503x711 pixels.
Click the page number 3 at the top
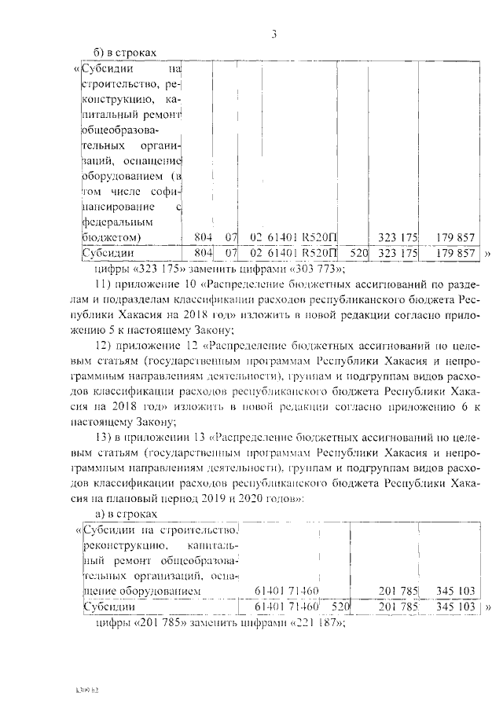click(x=274, y=33)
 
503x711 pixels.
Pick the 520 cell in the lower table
click(x=339, y=607)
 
